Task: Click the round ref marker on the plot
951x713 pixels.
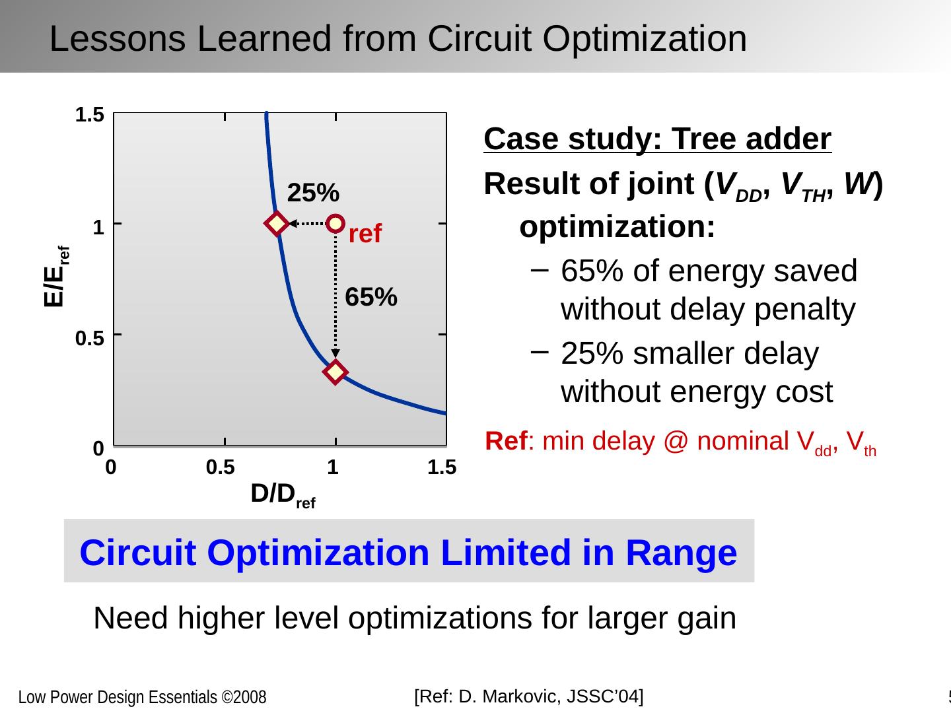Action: [x=335, y=223]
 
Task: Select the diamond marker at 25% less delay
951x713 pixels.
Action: [x=277, y=223]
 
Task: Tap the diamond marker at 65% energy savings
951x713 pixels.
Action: [x=335, y=372]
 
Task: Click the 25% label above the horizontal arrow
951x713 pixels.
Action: [x=314, y=193]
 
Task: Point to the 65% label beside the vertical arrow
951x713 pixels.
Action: [x=371, y=298]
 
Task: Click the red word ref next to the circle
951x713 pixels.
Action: [x=365, y=234]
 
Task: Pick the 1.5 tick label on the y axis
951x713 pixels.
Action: [x=89, y=116]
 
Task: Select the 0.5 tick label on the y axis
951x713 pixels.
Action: [x=89, y=339]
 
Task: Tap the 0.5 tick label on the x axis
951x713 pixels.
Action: [x=221, y=467]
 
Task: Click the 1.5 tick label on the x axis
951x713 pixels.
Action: [x=442, y=467]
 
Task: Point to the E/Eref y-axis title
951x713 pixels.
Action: [x=56, y=277]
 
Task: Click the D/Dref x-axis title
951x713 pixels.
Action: [x=283, y=494]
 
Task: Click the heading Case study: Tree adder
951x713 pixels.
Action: [x=657, y=139]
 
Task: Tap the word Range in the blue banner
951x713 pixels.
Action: [x=681, y=553]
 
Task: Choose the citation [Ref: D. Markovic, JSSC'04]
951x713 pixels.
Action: [x=528, y=696]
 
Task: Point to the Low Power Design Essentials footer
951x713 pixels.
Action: [x=142, y=698]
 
